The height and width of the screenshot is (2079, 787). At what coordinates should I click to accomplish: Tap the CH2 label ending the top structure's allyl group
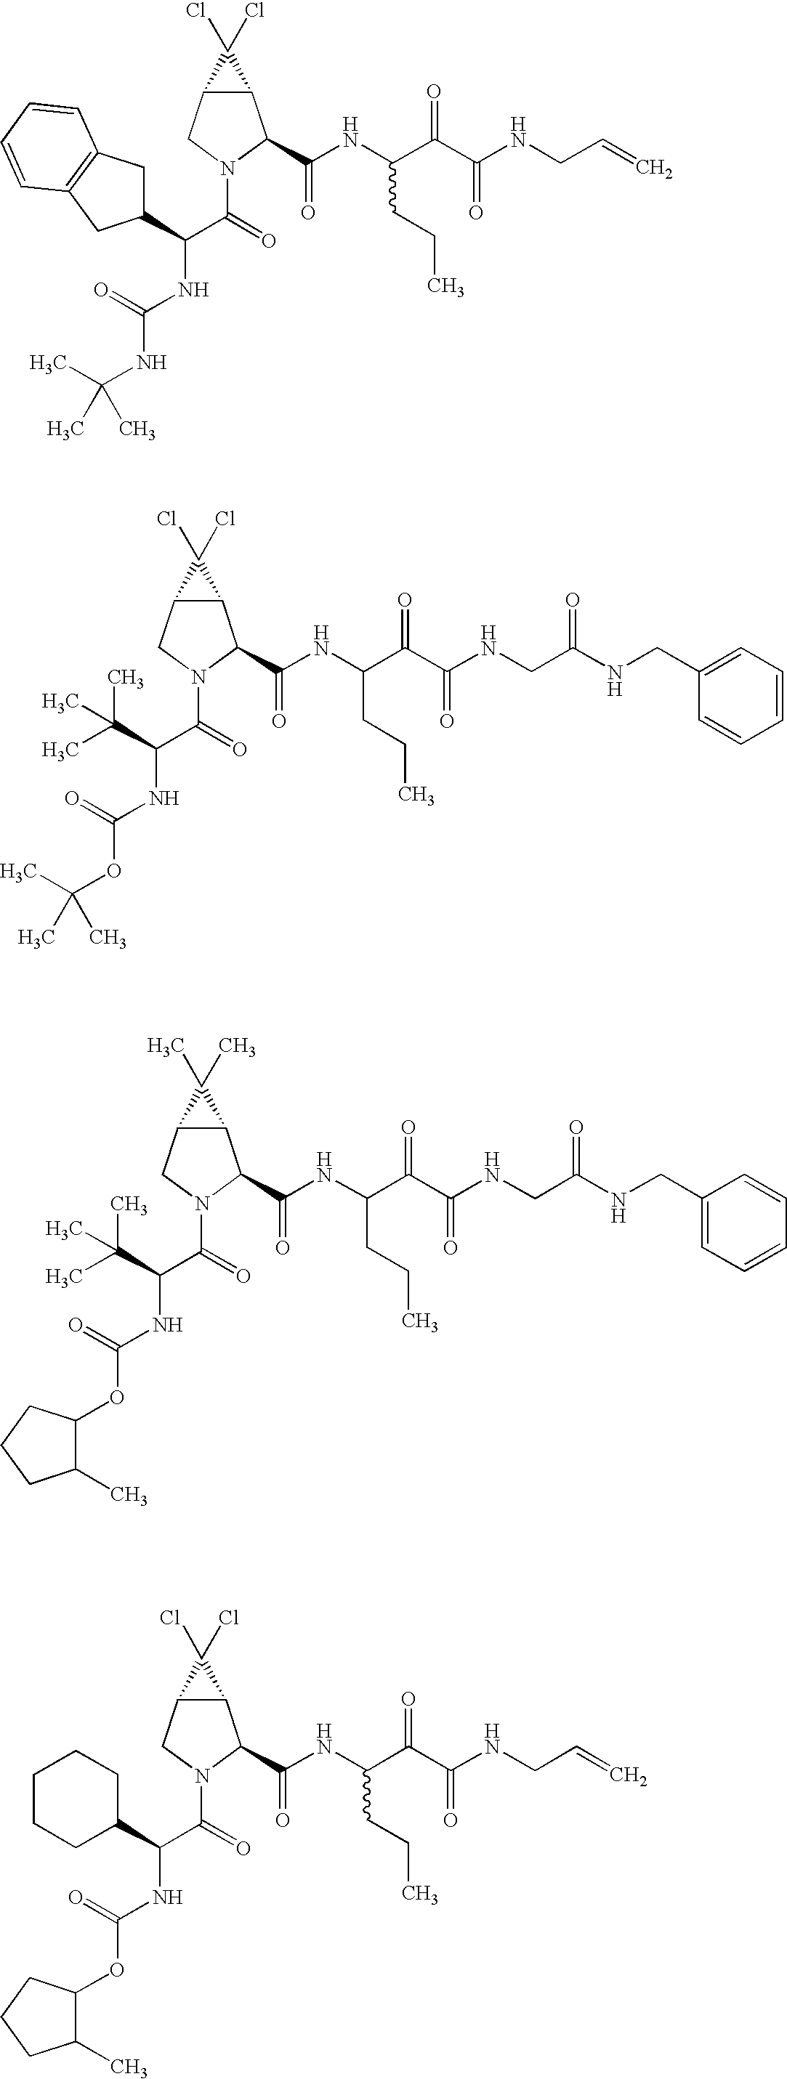click(655, 169)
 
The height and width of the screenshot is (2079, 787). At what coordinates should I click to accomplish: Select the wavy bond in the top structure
click(393, 190)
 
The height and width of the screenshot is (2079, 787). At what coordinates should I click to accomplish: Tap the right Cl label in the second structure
click(225, 518)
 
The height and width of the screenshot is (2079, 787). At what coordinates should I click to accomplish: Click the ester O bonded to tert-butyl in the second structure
click(114, 870)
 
